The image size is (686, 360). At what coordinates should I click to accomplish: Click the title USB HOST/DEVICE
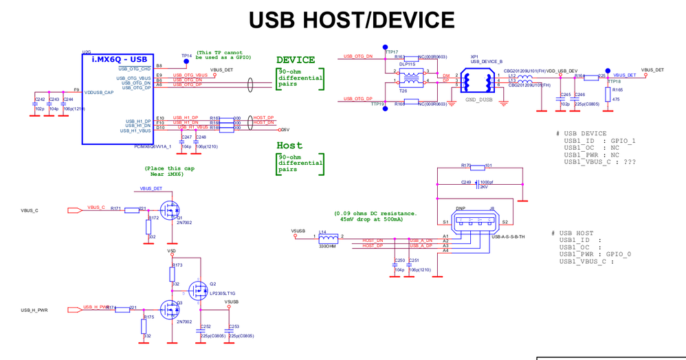pos(351,20)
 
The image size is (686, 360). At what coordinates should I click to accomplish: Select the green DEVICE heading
pos(296,60)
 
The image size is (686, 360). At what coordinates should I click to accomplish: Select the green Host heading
pos(289,146)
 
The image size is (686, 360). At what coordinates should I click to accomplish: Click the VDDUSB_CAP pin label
pos(99,92)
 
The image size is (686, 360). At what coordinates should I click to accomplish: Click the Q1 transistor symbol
pos(168,209)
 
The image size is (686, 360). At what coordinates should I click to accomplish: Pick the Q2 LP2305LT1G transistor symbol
pos(200,291)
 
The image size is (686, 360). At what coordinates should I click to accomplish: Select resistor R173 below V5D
pos(173,274)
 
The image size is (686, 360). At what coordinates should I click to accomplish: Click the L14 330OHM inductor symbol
pos(323,238)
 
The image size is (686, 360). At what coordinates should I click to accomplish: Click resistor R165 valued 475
pos(606,94)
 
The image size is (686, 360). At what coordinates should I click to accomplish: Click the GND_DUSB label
pos(478,100)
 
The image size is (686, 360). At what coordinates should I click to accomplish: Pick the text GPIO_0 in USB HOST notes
pos(621,254)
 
